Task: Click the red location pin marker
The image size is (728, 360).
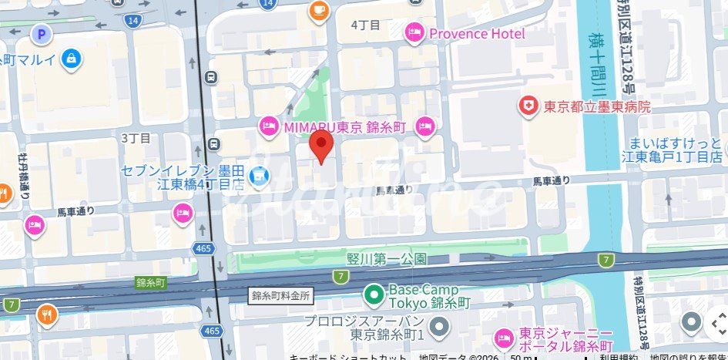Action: [321, 146]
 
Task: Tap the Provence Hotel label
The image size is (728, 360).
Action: [477, 33]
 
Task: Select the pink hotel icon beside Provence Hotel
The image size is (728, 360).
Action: [414, 32]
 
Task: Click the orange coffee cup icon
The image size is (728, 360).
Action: [318, 10]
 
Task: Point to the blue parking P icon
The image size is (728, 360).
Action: [40, 34]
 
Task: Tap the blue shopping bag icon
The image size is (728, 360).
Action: [72, 58]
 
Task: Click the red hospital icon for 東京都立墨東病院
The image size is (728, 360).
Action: [528, 106]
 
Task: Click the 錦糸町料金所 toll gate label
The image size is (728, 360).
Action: [280, 295]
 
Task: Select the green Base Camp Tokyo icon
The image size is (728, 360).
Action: [374, 294]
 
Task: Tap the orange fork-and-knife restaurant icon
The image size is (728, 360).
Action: [47, 314]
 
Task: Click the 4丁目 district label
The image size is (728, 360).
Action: [366, 25]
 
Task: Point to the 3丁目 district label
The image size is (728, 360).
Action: [136, 137]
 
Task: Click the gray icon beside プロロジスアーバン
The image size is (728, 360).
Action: [439, 328]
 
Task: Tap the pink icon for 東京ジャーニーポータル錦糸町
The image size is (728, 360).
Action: [504, 338]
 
